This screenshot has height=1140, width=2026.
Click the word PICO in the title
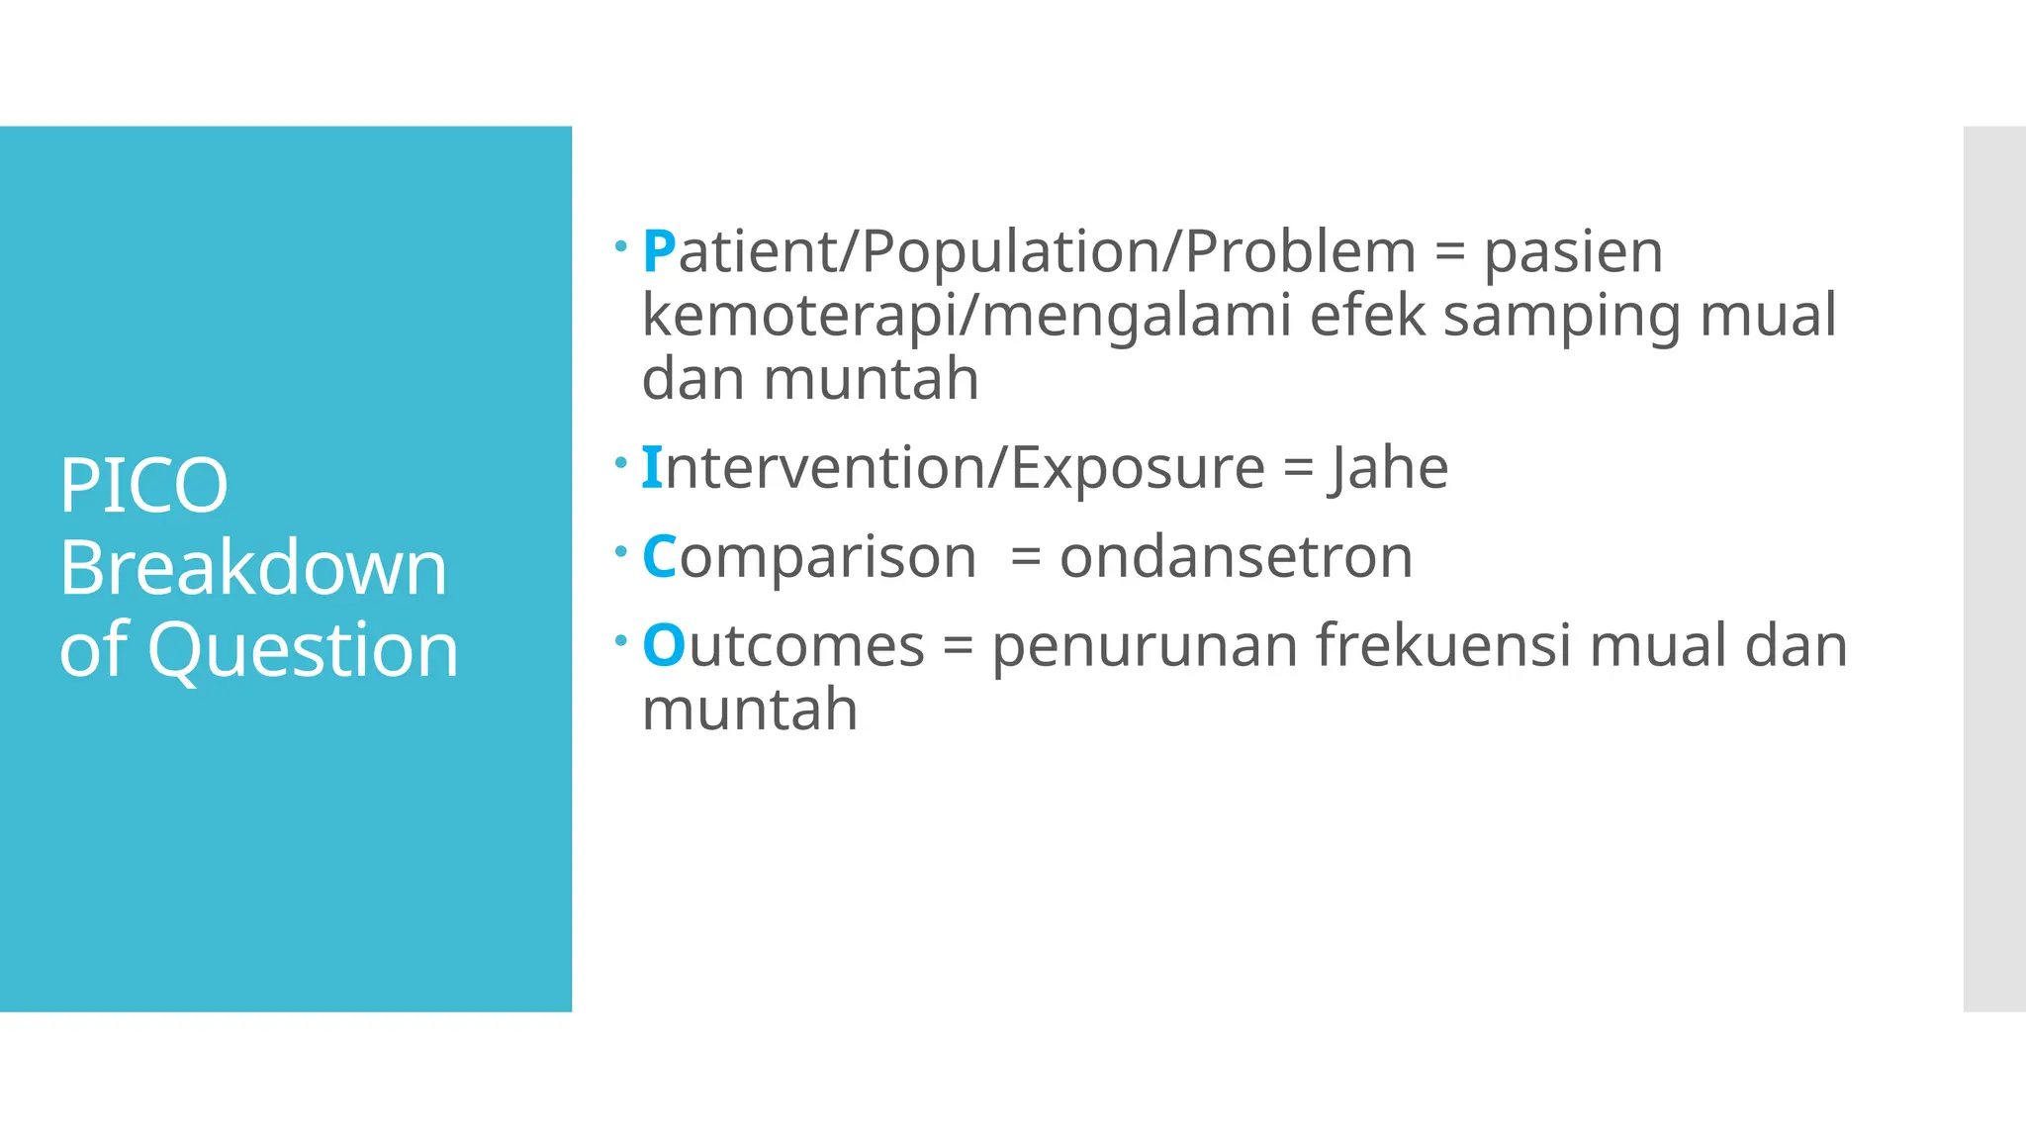coord(143,485)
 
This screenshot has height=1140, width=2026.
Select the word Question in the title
coord(303,650)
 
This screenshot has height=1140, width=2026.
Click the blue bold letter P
coord(659,251)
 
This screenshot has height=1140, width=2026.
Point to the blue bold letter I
coord(651,467)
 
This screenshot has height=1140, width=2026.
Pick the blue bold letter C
coord(659,556)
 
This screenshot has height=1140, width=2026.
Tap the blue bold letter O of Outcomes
coord(663,645)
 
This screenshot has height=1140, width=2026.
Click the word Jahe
coord(1389,467)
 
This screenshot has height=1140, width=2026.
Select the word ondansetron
coord(1236,556)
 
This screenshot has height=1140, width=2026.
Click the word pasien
coord(1573,251)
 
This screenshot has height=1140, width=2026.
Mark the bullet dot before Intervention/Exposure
coord(620,462)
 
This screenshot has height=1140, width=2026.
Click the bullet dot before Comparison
coord(620,551)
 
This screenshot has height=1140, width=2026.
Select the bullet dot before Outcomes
coord(620,641)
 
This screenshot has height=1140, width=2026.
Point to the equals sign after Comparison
coord(1026,558)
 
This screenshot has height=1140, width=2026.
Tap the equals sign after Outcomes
coord(958,647)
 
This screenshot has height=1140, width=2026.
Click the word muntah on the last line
coord(750,710)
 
